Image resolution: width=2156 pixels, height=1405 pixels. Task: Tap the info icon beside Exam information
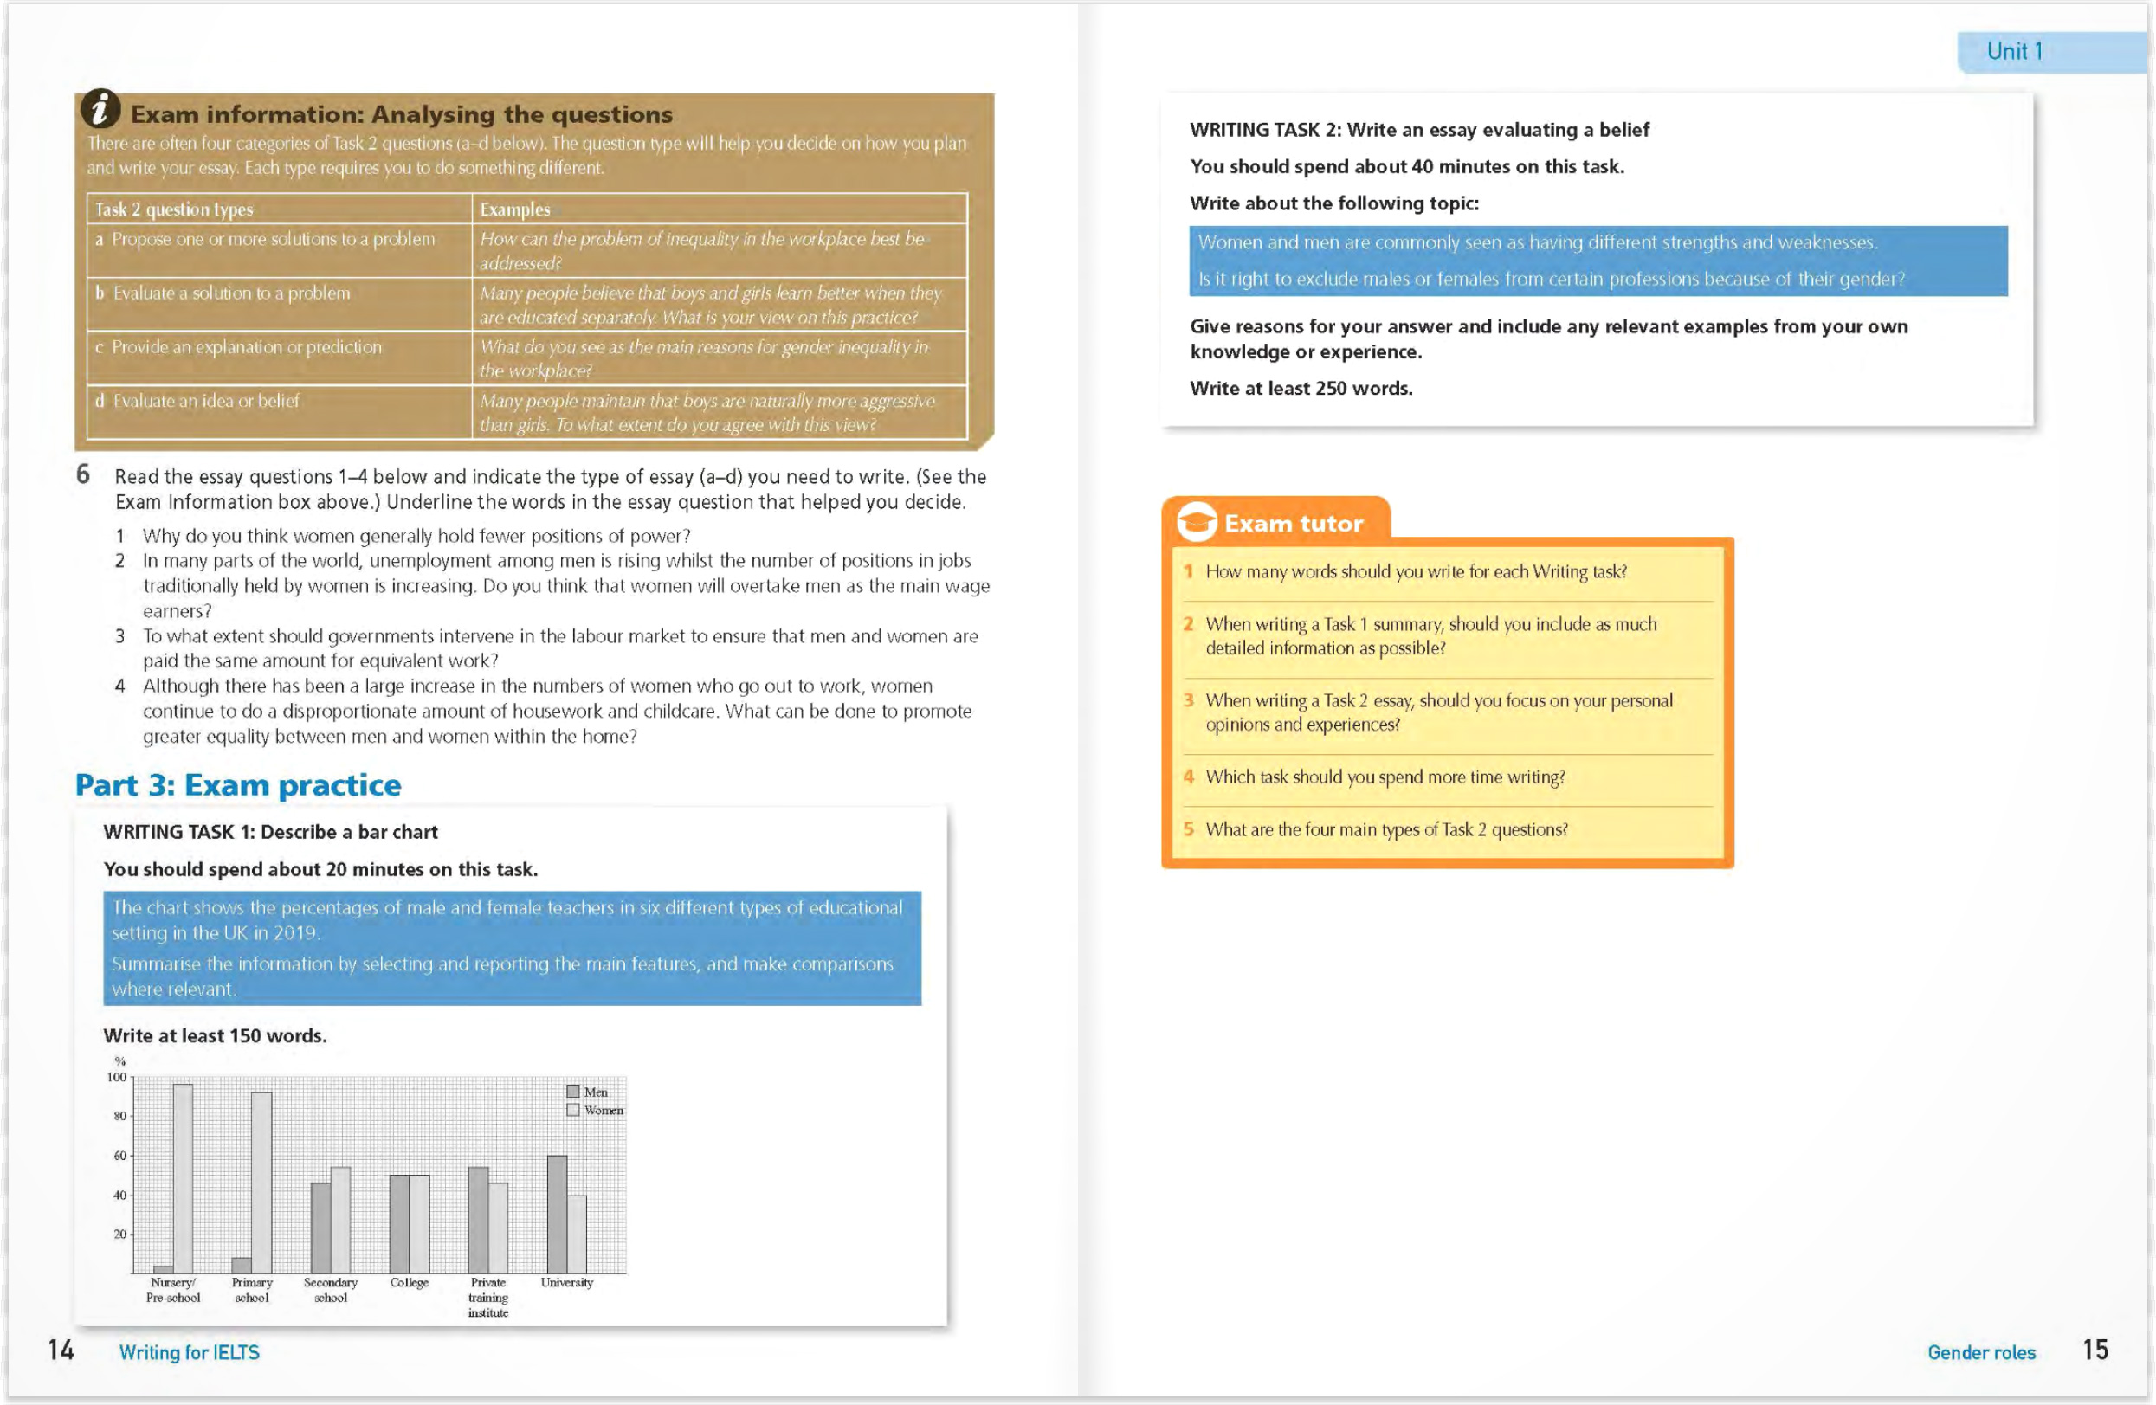pos(100,109)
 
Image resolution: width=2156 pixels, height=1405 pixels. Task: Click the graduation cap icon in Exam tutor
pos(1196,523)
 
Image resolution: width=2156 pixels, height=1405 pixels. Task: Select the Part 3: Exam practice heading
pos(237,784)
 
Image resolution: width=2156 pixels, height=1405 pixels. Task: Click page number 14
pos(61,1350)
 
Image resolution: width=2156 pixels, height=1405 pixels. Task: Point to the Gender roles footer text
pos(1980,1351)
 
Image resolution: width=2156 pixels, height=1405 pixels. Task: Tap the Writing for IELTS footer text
pos(189,1351)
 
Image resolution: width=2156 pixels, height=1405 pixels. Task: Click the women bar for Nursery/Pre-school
pos(183,1177)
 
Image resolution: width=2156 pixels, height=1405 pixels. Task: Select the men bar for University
pos(557,1214)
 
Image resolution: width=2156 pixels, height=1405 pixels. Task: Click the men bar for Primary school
pos(241,1265)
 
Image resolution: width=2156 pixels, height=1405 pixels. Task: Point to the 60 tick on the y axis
pos(119,1155)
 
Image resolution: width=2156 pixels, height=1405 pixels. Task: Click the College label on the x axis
pos(410,1282)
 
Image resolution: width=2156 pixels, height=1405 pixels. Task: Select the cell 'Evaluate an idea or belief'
pos(205,401)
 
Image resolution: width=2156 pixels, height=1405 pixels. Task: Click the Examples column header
pos(514,209)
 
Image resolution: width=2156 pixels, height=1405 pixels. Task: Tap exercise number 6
pos(82,474)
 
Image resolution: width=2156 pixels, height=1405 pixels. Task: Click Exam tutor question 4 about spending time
pos(1385,777)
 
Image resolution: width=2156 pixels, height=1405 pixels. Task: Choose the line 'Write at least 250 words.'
pos(1301,388)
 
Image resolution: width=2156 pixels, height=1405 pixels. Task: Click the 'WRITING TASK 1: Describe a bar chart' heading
pos(270,832)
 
